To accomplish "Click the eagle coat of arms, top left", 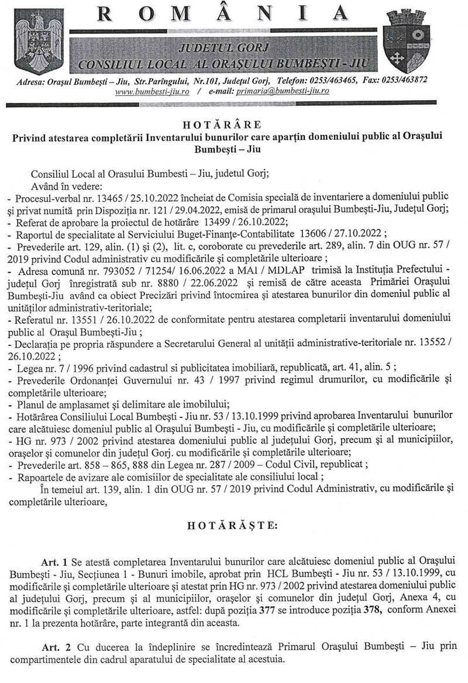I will pos(34,40).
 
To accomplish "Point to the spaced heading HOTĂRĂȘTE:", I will pos(233,525).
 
